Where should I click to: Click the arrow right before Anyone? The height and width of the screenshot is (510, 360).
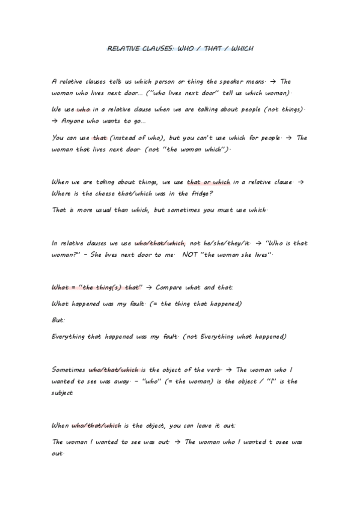[56, 121]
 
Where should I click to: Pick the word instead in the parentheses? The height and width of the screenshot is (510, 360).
[124, 138]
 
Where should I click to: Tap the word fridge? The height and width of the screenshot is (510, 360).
[201, 194]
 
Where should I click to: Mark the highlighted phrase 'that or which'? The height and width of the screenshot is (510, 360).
[209, 182]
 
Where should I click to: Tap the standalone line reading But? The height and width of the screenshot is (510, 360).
[59, 321]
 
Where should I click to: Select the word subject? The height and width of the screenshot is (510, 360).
[63, 393]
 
